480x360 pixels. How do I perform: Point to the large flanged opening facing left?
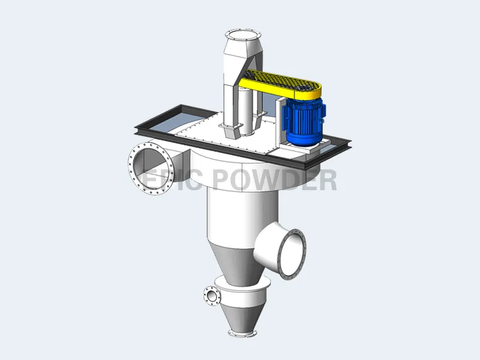click(x=148, y=166)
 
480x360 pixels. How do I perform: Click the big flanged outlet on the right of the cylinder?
click(x=292, y=254)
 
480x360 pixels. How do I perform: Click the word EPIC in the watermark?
click(x=171, y=181)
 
